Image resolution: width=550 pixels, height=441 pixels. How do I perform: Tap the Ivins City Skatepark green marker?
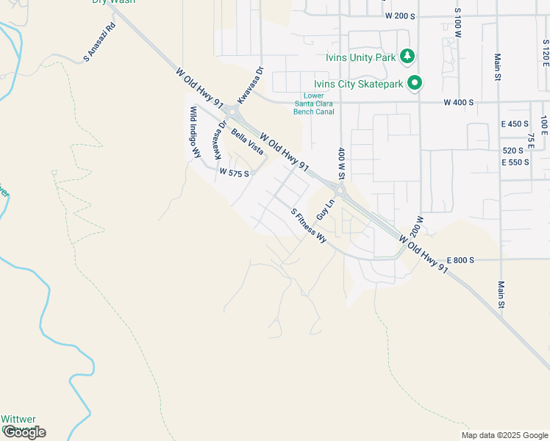click(x=415, y=83)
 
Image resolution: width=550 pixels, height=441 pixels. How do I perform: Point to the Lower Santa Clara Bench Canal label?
click(x=310, y=104)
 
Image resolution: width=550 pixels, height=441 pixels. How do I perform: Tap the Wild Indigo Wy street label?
click(x=195, y=132)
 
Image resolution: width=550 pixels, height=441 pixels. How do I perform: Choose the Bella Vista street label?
click(x=247, y=140)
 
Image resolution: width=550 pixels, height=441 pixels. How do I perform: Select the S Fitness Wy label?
click(x=309, y=226)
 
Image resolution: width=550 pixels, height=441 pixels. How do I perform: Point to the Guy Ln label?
click(x=326, y=209)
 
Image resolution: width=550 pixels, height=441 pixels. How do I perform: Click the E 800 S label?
click(x=460, y=260)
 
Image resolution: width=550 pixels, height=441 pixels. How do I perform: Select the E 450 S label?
click(x=515, y=123)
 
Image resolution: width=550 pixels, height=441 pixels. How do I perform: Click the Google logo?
click(x=24, y=432)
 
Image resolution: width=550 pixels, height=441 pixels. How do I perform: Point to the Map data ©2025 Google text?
click(x=504, y=435)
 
